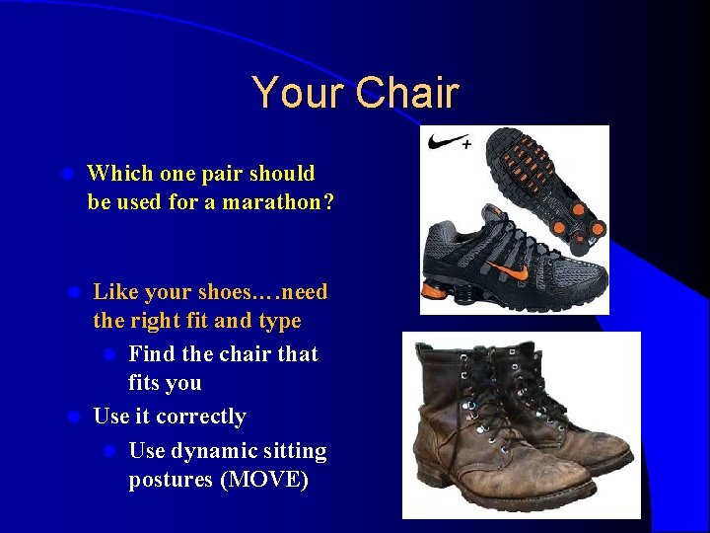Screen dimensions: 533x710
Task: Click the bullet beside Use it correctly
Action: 73,418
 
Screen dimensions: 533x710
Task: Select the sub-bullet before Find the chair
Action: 111,354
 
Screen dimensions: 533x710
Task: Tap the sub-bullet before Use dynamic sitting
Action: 111,451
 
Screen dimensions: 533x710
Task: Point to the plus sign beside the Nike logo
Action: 466,144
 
